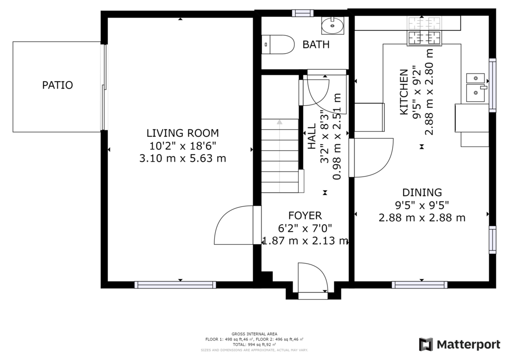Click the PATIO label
coord(58,85)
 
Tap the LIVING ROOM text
coord(183,133)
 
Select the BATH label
coord(316,44)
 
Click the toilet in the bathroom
coord(278,44)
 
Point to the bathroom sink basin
coord(333,26)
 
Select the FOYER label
coord(305,215)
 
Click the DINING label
coord(422,192)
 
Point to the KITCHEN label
coord(404,92)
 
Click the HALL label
coord(312,136)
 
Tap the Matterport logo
coord(460,345)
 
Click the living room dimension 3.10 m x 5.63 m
coord(183,159)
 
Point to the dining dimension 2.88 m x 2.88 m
coord(422,217)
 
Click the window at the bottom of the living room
coord(175,285)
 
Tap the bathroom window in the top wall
coord(303,13)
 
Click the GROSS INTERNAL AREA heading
coord(254,334)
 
